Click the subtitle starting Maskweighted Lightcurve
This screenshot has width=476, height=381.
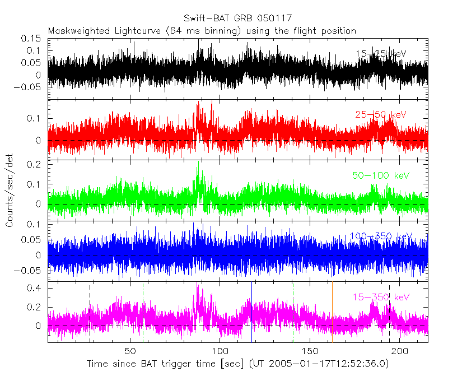202,30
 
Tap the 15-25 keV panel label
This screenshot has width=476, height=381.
381,54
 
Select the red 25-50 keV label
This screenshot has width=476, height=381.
381,115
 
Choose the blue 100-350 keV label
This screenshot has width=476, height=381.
381,236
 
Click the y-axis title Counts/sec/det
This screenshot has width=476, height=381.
10,190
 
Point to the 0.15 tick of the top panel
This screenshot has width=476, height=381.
32,39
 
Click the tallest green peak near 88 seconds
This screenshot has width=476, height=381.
198,163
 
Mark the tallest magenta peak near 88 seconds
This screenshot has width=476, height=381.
198,285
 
